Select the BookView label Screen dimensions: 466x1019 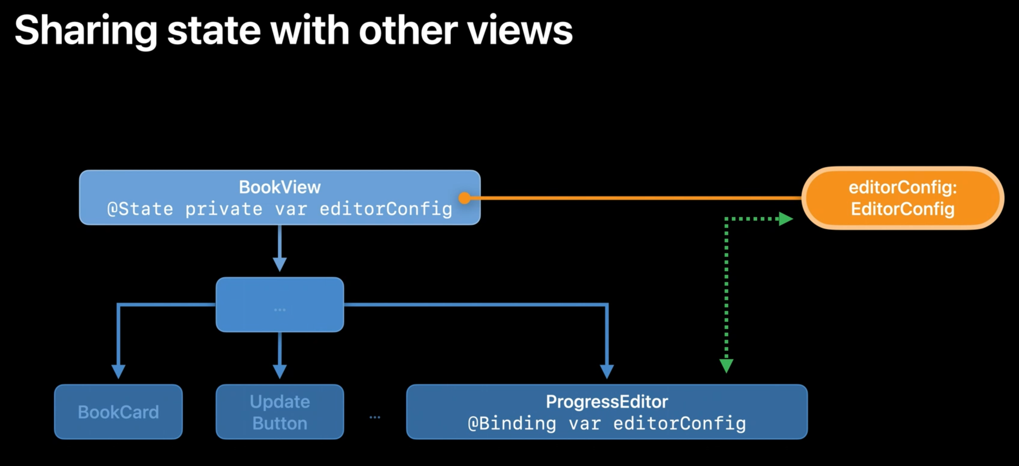[x=280, y=187]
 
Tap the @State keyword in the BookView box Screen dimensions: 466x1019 [x=140, y=209]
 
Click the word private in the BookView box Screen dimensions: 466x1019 [x=223, y=209]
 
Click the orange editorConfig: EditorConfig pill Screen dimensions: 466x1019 [x=903, y=198]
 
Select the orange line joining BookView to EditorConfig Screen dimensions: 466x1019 [x=633, y=198]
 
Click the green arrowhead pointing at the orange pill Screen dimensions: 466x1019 [x=785, y=219]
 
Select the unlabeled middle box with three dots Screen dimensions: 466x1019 [x=280, y=305]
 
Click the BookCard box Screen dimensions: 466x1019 [x=118, y=412]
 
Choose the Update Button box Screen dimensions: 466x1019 [x=280, y=412]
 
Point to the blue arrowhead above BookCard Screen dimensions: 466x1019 [x=118, y=371]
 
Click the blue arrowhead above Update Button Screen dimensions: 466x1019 [x=280, y=371]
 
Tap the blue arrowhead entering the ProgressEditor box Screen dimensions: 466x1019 [x=607, y=371]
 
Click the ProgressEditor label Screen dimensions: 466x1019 [x=607, y=401]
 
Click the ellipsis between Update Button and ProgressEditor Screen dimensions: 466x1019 [x=375, y=417]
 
